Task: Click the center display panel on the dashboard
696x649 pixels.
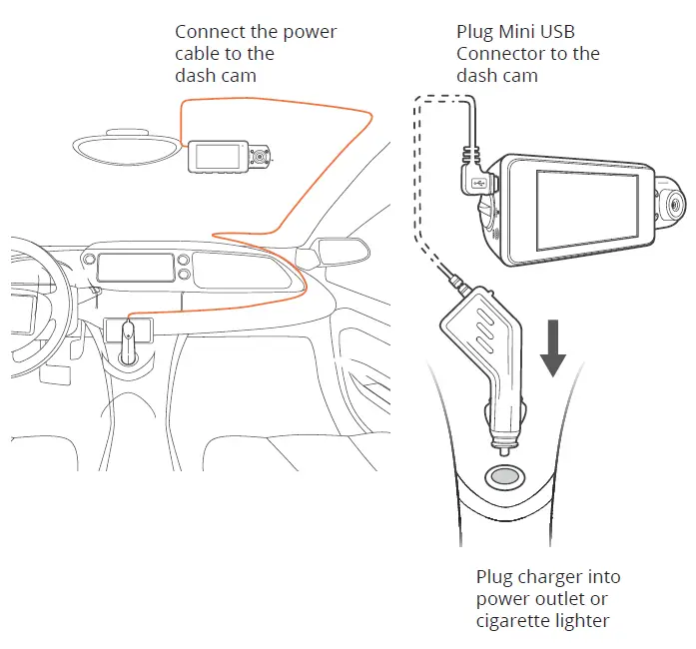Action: [134, 267]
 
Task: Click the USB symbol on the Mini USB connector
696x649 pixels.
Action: [481, 184]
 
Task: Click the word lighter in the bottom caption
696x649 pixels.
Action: [583, 621]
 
